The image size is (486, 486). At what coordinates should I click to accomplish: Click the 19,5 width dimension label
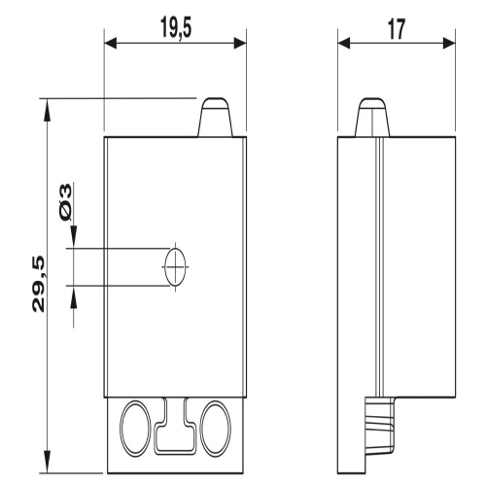(176, 27)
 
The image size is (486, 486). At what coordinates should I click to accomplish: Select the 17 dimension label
(397, 29)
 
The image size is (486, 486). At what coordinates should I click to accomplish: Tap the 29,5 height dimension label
(38, 284)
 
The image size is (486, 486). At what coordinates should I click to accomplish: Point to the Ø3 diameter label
(65, 202)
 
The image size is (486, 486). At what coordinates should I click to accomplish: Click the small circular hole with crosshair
(175, 267)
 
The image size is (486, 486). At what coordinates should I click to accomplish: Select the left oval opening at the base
(135, 429)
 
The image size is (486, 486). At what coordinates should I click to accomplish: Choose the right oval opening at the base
(215, 429)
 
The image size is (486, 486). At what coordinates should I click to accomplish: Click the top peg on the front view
(216, 117)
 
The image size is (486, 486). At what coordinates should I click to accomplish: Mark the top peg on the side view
(372, 117)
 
